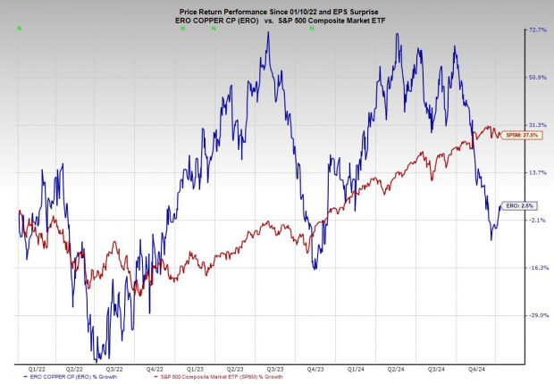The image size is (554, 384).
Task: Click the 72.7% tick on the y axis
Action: coord(538,29)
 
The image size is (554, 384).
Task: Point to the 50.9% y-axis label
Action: coord(538,77)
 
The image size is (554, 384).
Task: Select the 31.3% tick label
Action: coord(538,124)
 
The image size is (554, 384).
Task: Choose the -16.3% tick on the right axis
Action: coord(538,267)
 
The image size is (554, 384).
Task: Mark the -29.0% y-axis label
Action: coord(538,314)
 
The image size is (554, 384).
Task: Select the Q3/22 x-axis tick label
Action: coord(113,367)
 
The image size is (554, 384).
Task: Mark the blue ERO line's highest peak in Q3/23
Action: coord(266,35)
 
